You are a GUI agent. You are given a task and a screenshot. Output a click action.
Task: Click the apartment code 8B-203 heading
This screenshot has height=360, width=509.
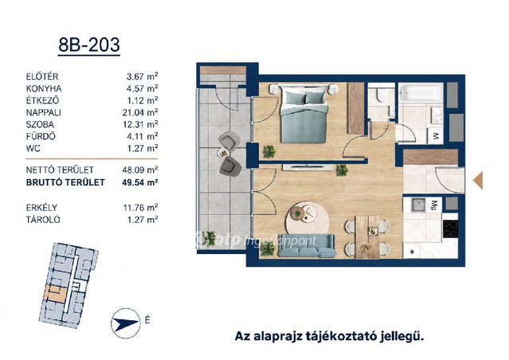[x=89, y=45]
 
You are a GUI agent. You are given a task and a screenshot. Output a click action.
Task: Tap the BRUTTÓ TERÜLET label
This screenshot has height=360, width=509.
[x=65, y=182]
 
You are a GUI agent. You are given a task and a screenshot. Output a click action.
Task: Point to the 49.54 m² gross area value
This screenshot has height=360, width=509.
[x=140, y=182]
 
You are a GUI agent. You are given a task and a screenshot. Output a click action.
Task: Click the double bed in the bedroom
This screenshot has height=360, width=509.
[x=303, y=113]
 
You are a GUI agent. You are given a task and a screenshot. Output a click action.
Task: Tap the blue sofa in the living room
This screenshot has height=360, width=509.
[x=307, y=246]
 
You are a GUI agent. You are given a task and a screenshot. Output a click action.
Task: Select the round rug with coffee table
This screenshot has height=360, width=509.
[x=307, y=219]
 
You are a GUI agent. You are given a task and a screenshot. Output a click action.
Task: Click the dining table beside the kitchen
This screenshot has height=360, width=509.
[x=367, y=237]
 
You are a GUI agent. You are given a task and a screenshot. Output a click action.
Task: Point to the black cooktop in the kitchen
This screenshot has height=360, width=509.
[x=451, y=229]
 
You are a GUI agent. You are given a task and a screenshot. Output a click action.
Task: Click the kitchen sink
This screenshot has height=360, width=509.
[x=418, y=205]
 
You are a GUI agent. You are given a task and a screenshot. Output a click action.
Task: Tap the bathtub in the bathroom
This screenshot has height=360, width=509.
[x=421, y=92]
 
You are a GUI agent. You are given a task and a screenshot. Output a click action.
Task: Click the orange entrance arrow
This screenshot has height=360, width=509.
[x=478, y=181]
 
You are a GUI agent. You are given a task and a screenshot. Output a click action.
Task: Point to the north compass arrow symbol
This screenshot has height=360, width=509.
[x=126, y=323]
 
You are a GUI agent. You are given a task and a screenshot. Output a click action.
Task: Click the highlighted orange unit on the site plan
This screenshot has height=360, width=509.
[x=56, y=294]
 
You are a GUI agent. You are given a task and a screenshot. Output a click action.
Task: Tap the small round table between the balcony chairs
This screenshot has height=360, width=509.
[x=223, y=152]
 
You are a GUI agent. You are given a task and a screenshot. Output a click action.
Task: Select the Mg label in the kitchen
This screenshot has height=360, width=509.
[x=434, y=205]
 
